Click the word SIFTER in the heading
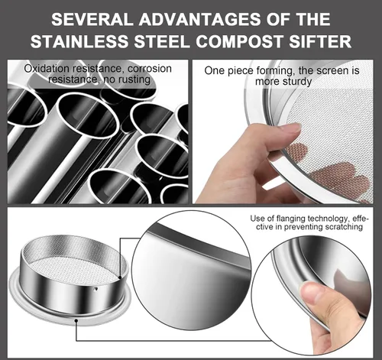coord(320,41)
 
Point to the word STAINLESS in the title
coord(79,41)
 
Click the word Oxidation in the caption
coord(47,69)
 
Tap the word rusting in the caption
coord(134,79)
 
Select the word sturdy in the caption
coord(296,82)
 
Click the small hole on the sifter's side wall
coord(95,289)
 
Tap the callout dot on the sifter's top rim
coord(120,277)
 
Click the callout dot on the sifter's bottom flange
coord(76,320)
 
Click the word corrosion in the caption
coord(150,69)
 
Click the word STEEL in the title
coord(162,41)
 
